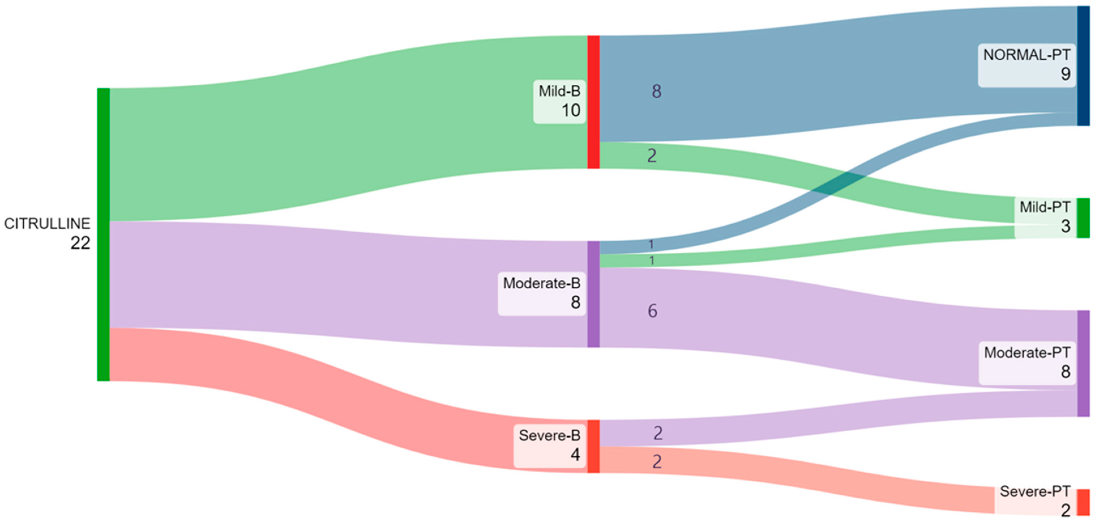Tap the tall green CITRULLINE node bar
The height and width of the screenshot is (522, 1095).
coord(103,234)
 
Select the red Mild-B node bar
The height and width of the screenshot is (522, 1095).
coord(593,102)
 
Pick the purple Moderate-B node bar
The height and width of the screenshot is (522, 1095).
coord(593,294)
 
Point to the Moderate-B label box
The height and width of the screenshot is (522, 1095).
coord(542,293)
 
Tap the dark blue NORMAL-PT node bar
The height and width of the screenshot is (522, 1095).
coord(1083,66)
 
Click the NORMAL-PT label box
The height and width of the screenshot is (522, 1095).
coord(1026,65)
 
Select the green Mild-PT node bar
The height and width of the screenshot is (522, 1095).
coord(1083,218)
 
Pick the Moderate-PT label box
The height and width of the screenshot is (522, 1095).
coord(1027,363)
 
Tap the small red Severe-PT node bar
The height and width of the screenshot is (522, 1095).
coord(1083,502)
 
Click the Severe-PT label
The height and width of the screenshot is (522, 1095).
coord(1035,492)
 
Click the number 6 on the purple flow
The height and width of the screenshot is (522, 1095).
coord(652,311)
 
